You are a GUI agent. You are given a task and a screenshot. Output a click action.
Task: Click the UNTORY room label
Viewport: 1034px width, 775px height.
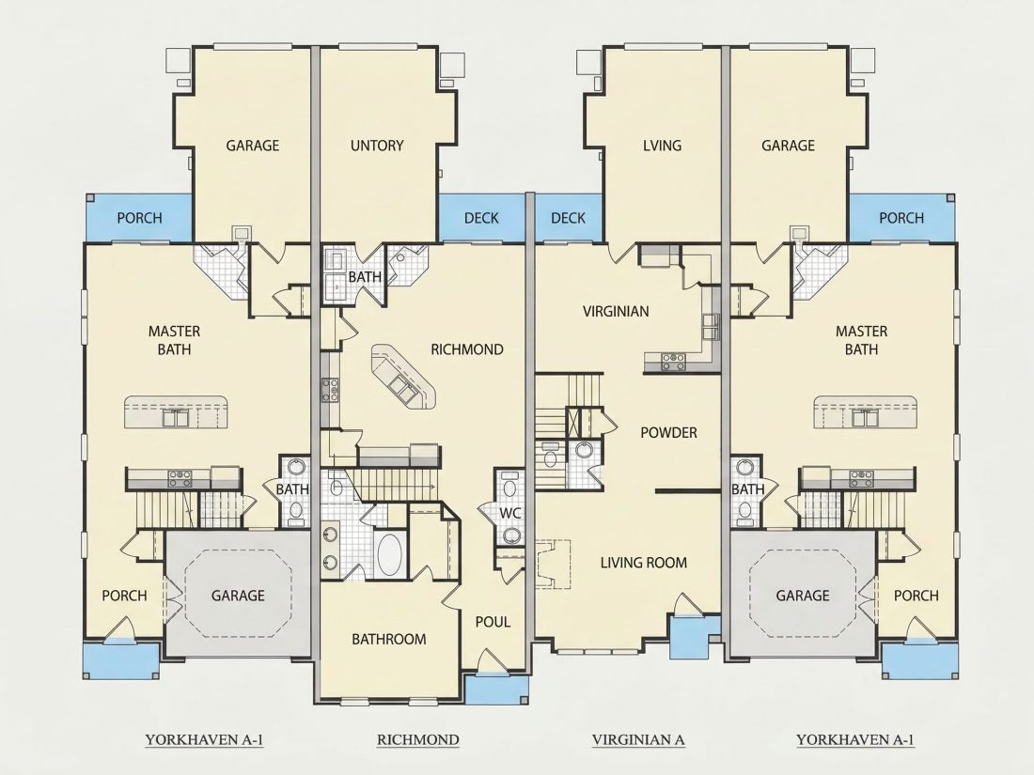[x=377, y=146]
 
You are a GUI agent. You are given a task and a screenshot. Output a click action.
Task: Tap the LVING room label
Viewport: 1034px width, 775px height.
[x=662, y=146]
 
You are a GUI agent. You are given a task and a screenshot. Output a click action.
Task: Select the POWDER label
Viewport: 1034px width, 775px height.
[x=668, y=433]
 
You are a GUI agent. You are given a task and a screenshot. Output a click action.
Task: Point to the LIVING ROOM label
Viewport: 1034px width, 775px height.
[x=644, y=563]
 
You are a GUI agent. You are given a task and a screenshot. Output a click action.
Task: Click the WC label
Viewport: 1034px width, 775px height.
[x=510, y=513]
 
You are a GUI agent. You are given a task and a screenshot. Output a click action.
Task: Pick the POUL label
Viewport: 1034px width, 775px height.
[x=493, y=622]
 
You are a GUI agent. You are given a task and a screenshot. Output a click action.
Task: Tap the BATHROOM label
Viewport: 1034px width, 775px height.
[x=388, y=639]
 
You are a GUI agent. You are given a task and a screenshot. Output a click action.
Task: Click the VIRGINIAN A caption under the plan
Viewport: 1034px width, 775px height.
[x=637, y=740]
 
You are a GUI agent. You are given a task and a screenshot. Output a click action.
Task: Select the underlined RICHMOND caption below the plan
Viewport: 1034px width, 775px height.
[x=417, y=740]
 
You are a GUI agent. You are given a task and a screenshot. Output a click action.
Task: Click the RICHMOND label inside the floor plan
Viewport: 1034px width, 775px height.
[x=467, y=350]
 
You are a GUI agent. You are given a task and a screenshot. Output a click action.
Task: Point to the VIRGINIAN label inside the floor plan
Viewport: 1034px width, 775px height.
[x=616, y=312]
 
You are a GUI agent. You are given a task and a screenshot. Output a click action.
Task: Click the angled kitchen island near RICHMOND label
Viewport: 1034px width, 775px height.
[x=403, y=378]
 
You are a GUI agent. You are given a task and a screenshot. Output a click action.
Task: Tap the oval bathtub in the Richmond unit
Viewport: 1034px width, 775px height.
[x=390, y=554]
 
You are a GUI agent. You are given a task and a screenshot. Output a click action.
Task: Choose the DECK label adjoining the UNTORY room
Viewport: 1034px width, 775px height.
[x=481, y=218]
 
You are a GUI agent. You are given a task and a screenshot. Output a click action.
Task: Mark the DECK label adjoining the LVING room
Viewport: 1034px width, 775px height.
[x=568, y=218]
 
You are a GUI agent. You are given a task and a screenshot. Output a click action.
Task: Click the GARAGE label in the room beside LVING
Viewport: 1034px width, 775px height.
[x=788, y=146]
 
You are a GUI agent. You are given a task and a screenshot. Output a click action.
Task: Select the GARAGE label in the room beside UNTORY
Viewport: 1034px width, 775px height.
[x=253, y=146]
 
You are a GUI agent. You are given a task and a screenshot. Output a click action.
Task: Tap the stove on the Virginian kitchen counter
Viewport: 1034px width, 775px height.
[x=673, y=361]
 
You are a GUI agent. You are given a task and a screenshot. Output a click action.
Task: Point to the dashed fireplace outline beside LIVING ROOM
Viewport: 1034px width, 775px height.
[x=553, y=563]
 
